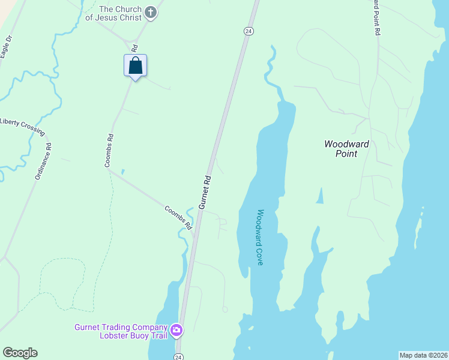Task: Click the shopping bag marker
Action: (136, 65)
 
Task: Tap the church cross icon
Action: (151, 12)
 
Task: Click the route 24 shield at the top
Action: (248, 31)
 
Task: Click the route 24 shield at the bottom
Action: (178, 356)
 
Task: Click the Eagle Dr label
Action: (6, 47)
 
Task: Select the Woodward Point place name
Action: (346, 149)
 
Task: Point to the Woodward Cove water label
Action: (261, 238)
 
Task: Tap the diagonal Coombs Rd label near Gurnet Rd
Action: (179, 218)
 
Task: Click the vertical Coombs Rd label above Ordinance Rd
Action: (109, 149)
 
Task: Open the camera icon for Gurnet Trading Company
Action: (176, 330)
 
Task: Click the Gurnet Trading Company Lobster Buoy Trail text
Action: (120, 331)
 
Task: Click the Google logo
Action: (20, 353)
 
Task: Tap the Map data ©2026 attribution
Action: (423, 355)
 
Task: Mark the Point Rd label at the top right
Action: (376, 18)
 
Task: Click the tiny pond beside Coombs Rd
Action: (122, 172)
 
